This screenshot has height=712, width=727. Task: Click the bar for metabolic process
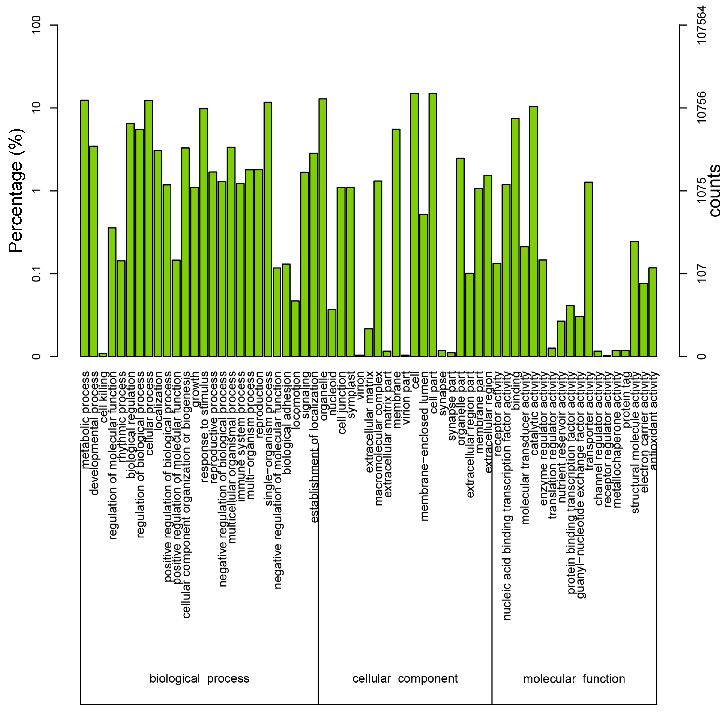pyautogui.click(x=85, y=228)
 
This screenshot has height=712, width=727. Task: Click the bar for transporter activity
pyautogui.click(x=588, y=269)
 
